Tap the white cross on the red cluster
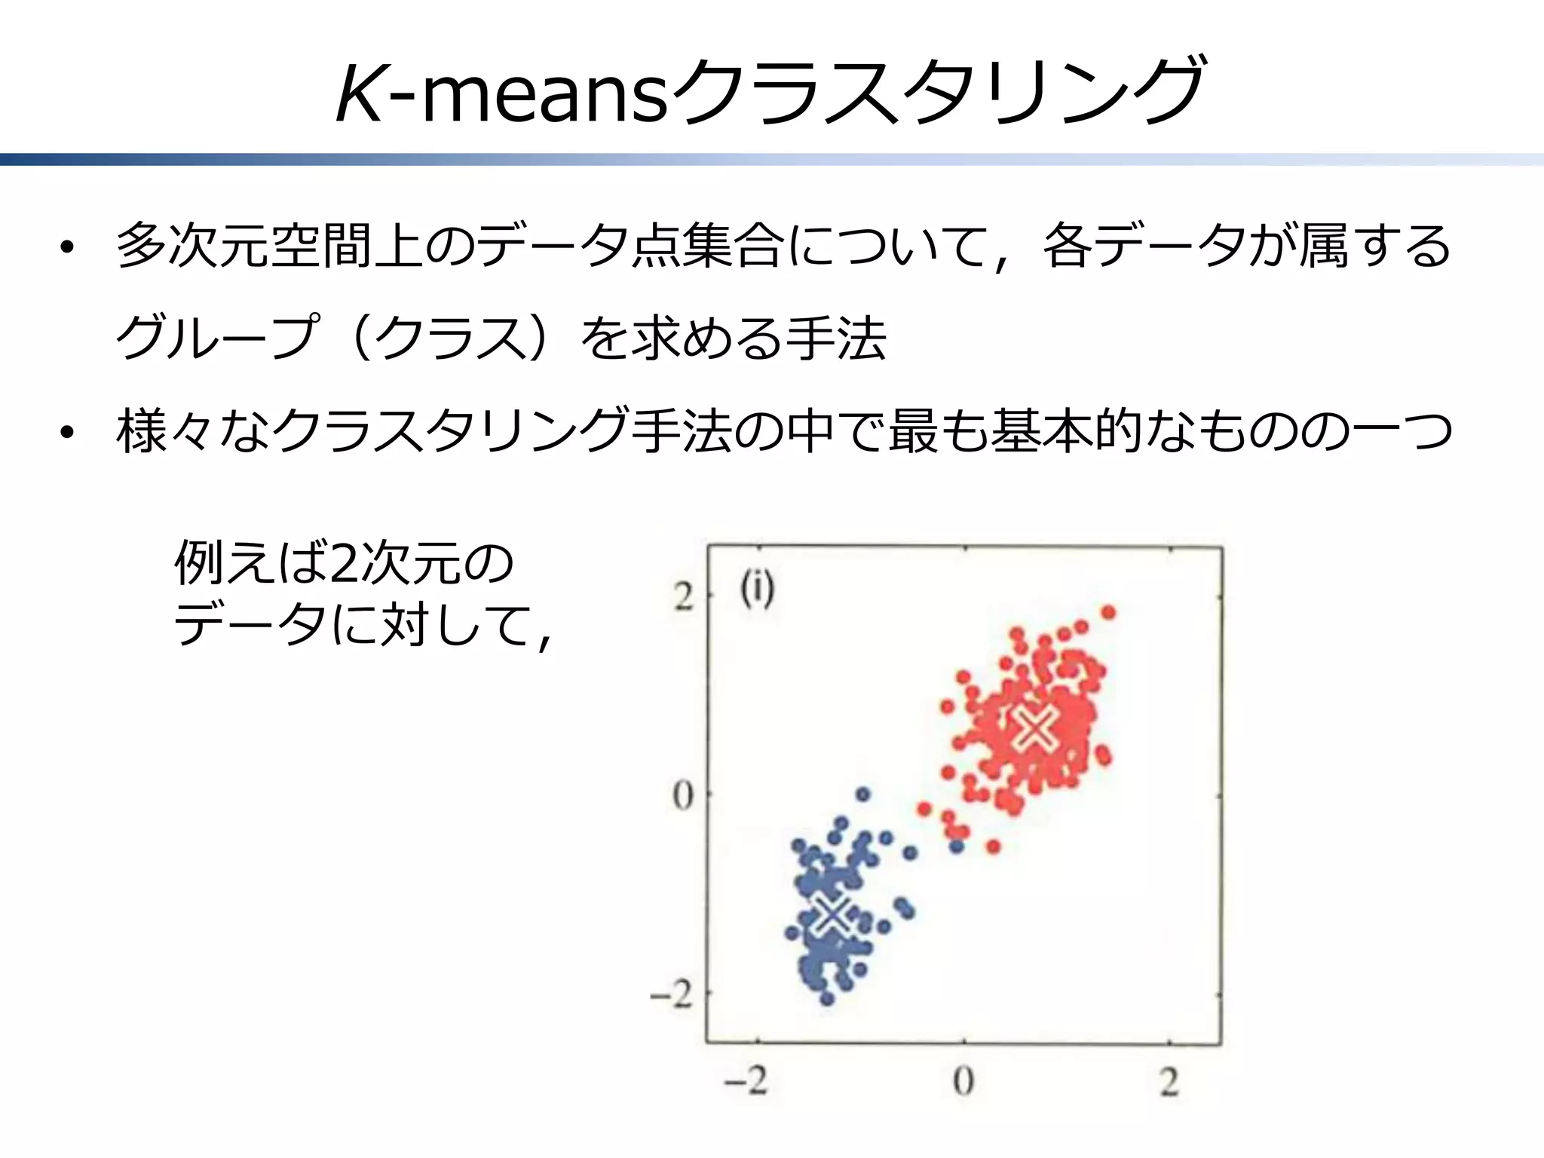1034,728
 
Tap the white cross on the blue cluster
832,914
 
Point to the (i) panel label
756,590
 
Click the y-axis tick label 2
683,598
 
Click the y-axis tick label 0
682,796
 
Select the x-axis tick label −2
746,1081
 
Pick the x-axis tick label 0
963,1081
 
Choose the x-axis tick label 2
1169,1083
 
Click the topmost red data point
1108,612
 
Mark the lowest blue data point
827,1000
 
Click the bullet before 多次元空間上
68,248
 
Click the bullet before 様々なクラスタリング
68,433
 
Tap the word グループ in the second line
215,338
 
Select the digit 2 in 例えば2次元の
343,563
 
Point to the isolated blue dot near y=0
863,794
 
